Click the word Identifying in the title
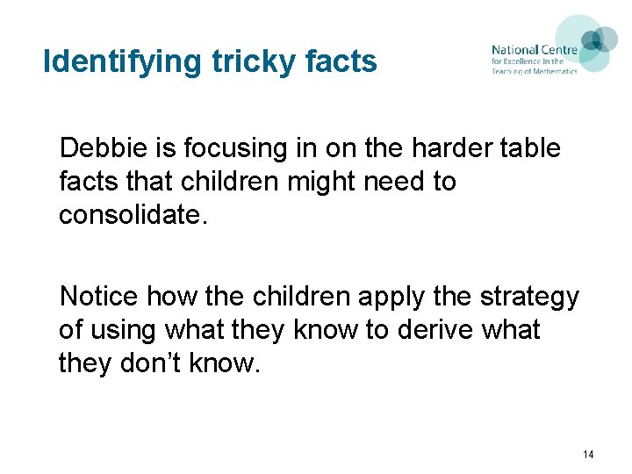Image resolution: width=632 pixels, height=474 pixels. tap(124, 62)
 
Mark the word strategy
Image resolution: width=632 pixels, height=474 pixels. tap(529, 297)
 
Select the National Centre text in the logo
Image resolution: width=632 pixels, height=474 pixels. tap(534, 50)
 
